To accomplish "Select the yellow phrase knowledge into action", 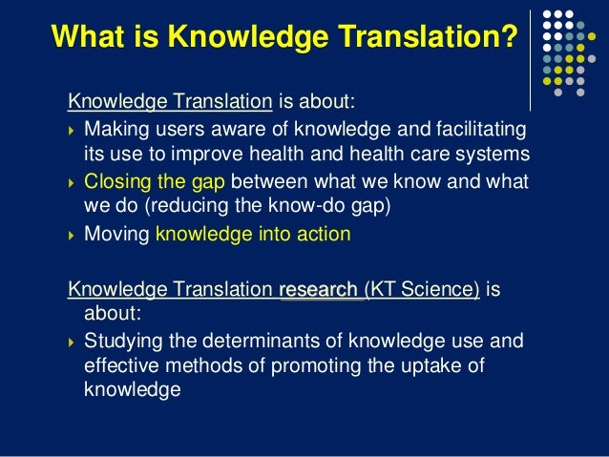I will tap(253, 233).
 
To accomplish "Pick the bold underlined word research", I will tap(318, 290).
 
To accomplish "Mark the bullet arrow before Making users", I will tap(73, 129).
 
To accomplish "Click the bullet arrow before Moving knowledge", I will tap(73, 234).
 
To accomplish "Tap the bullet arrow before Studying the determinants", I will tap(73, 342).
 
